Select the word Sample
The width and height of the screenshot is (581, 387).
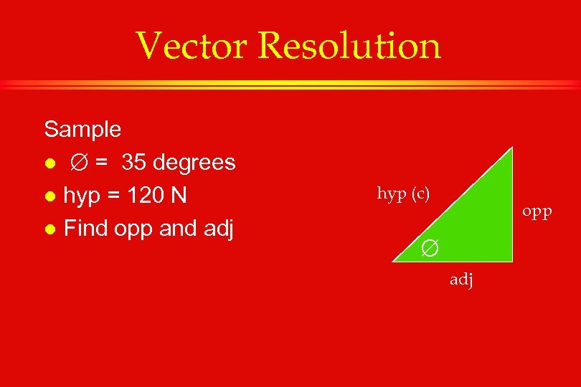pos(82,130)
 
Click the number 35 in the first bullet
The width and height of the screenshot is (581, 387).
pos(134,163)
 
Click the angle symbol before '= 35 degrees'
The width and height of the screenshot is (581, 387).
pos(78,163)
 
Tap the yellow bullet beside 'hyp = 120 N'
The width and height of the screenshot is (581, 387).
pos(49,196)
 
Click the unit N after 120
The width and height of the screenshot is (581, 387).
pos(189,196)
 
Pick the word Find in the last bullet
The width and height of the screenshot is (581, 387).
pos(86,229)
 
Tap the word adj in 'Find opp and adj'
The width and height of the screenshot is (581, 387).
pos(217,229)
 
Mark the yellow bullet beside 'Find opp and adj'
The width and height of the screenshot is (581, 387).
pos(49,229)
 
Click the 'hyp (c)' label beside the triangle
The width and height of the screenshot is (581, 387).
pos(403,194)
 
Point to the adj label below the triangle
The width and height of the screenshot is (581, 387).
pos(461,280)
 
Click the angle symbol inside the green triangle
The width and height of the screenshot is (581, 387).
pos(428,248)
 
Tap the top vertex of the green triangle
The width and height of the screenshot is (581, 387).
pos(513,148)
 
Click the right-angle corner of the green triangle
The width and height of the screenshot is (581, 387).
pos(511,262)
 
